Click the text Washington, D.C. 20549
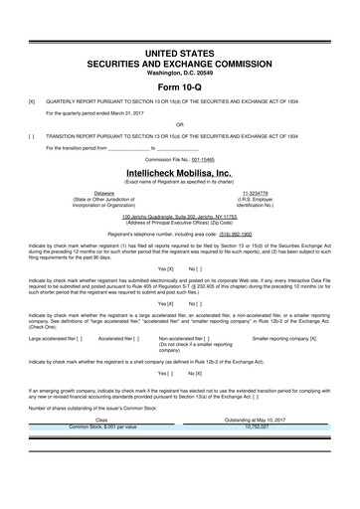coord(179,72)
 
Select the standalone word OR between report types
coord(180,124)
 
